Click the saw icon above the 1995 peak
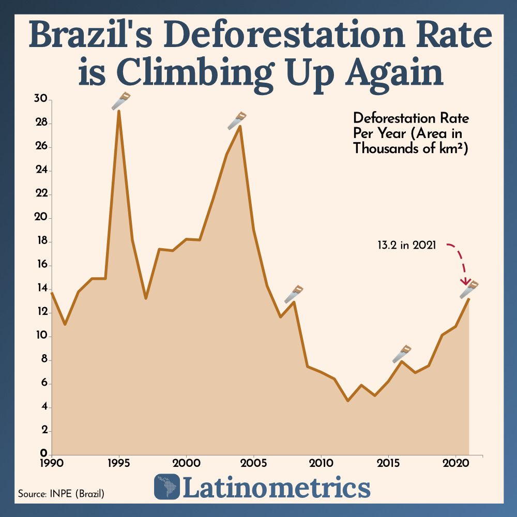(x=121, y=101)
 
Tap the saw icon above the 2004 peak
(x=237, y=120)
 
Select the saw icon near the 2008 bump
(x=294, y=294)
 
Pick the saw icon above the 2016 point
(x=401, y=354)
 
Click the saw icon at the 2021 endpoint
(x=469, y=290)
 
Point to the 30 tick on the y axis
(x=41, y=99)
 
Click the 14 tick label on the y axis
(x=41, y=288)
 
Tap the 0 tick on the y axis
(x=44, y=453)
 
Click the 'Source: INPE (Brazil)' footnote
(x=61, y=494)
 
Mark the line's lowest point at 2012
(x=348, y=400)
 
